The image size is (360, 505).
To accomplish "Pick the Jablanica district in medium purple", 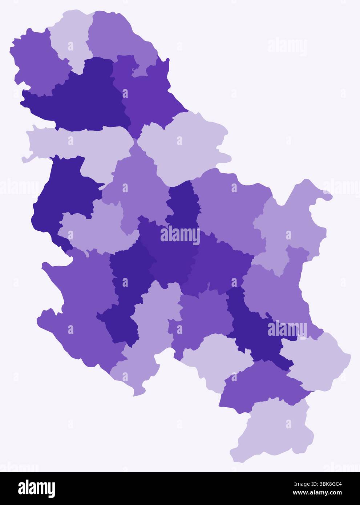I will [262, 385].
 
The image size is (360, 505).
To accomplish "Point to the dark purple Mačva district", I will [62, 196].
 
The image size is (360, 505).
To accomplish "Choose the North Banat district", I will [116, 36].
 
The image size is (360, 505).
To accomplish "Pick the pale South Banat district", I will [185, 145].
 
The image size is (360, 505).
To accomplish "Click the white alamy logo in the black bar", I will [36, 489].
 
